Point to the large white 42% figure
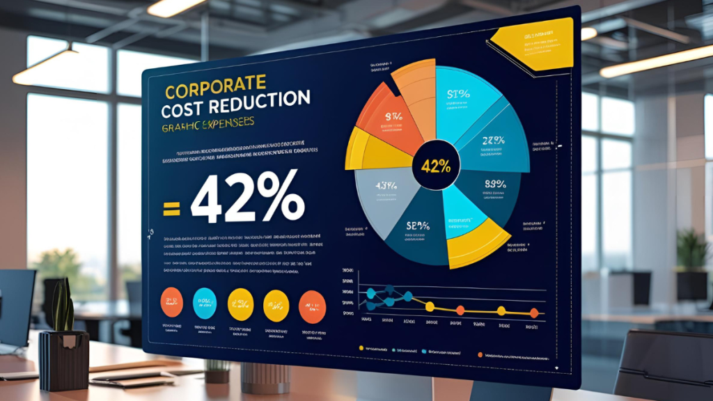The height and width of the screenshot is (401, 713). tap(247, 199)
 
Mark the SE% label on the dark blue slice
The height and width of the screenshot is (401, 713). tap(417, 226)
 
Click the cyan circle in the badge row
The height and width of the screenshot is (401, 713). tap(204, 301)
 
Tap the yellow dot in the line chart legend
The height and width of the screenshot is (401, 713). tap(361, 347)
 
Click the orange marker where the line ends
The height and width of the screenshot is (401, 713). tap(534, 313)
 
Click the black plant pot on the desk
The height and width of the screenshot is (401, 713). tap(63, 361)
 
